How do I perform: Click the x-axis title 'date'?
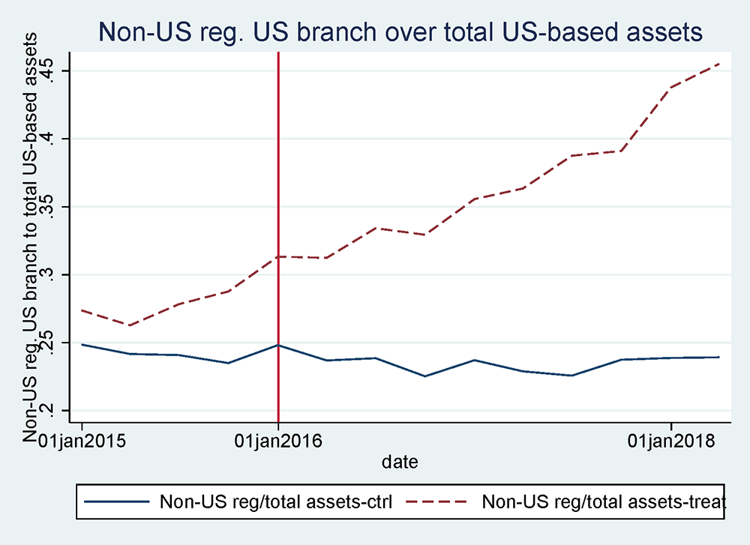pyautogui.click(x=400, y=462)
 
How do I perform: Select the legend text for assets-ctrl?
pyautogui.click(x=275, y=502)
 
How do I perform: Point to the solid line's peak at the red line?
pyautogui.click(x=279, y=345)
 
